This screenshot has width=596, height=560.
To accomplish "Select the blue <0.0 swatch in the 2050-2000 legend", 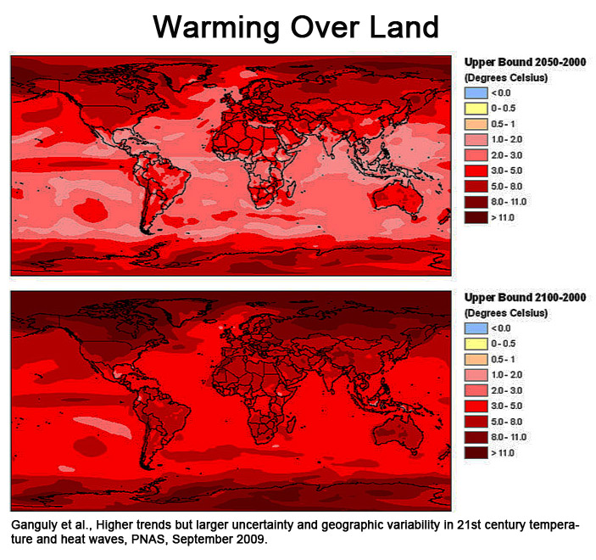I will coord(475,92).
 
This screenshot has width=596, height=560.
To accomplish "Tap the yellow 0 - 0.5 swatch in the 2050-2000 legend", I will coord(475,107).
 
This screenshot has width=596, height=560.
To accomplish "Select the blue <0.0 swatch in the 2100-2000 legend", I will coord(475,328).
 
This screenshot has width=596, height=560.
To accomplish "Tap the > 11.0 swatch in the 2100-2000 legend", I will coord(475,454).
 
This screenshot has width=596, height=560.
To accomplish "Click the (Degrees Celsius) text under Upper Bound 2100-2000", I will coord(506,312).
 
